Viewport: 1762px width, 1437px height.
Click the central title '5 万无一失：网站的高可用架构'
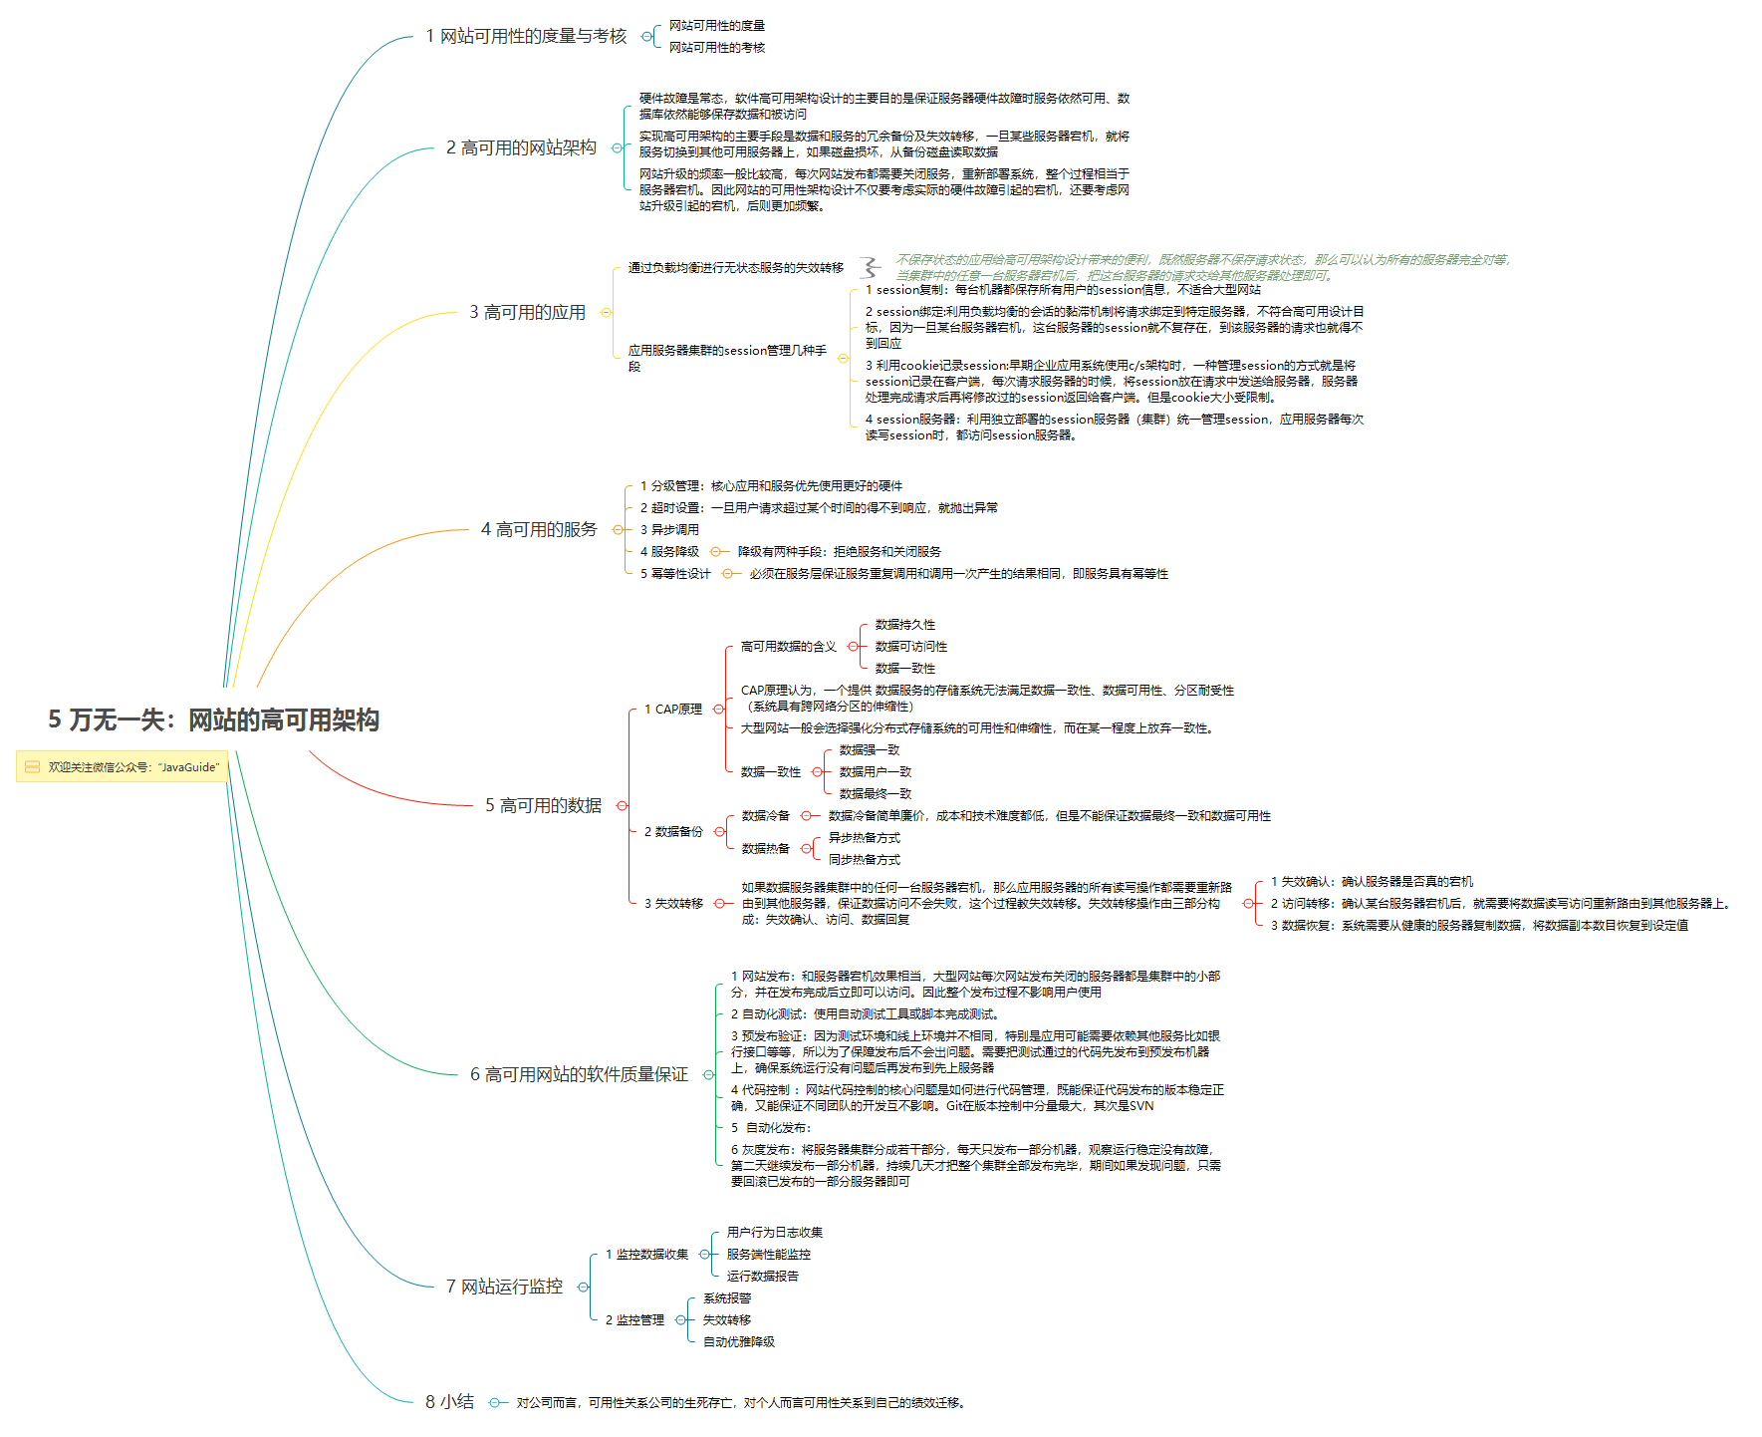pyautogui.click(x=213, y=719)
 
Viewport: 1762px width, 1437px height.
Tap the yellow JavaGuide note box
pyautogui.click(x=123, y=766)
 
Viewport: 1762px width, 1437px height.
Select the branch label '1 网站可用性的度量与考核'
pyautogui.click(x=526, y=37)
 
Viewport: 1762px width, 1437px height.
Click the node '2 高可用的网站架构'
pyautogui.click(x=521, y=147)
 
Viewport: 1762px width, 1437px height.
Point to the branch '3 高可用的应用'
pyautogui.click(x=527, y=313)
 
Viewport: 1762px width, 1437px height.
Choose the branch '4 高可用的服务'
pyautogui.click(x=539, y=529)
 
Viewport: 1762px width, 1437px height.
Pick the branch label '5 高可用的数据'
pyautogui.click(x=543, y=805)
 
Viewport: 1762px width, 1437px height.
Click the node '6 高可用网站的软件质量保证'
pyautogui.click(x=579, y=1074)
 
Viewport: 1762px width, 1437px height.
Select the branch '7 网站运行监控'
pyautogui.click(x=504, y=1287)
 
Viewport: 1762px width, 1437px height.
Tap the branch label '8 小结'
pyautogui.click(x=449, y=1402)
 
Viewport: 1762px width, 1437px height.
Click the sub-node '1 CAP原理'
pyautogui.click(x=673, y=710)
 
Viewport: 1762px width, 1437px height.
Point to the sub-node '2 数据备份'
pyautogui.click(x=673, y=832)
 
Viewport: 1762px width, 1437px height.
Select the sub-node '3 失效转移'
pyautogui.click(x=673, y=904)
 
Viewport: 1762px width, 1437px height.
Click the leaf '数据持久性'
pyautogui.click(x=904, y=625)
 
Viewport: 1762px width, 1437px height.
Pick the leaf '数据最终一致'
pyautogui.click(x=875, y=794)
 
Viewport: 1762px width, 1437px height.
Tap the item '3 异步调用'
pyautogui.click(x=669, y=530)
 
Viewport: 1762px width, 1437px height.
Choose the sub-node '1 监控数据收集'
pyautogui.click(x=646, y=1255)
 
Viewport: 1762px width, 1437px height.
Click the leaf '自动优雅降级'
pyautogui.click(x=738, y=1342)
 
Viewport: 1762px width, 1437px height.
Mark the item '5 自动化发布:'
pyautogui.click(x=771, y=1128)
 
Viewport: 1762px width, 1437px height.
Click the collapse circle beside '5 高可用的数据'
pyautogui.click(x=623, y=805)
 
